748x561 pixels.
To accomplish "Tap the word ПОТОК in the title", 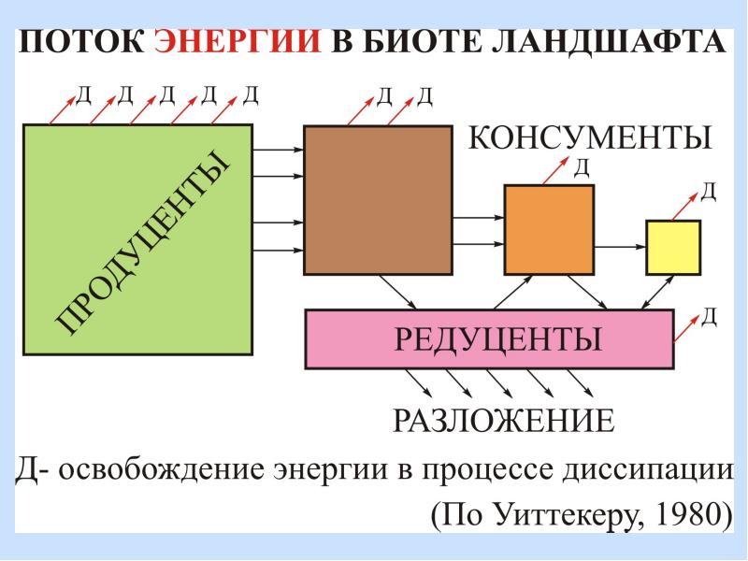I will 81,43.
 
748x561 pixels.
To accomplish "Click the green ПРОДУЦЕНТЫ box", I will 137,239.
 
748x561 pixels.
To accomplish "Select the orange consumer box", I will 549,228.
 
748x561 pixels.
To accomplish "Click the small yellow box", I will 673,247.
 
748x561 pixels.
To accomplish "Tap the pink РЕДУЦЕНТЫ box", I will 489,338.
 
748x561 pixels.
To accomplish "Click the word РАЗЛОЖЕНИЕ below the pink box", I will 503,420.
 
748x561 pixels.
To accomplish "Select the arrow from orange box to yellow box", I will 620,247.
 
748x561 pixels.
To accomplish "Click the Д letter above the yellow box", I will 709,193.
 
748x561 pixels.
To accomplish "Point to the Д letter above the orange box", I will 581,167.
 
